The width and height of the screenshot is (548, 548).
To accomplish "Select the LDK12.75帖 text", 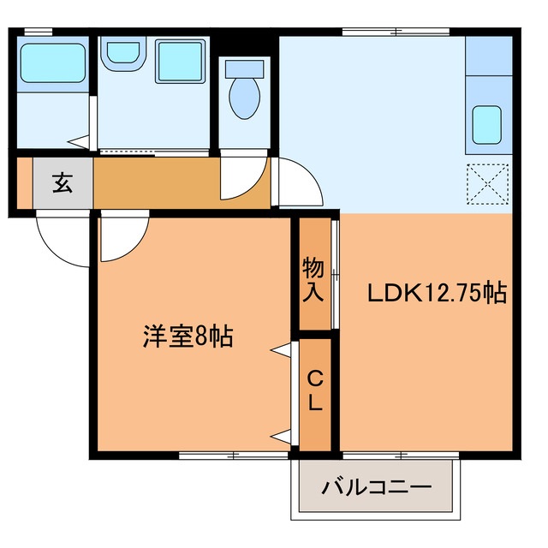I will point(438,295).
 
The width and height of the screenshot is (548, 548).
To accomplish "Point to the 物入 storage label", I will point(313,281).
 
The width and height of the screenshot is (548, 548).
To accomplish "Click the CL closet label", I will point(315,390).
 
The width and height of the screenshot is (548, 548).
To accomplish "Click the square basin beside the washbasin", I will point(177,59).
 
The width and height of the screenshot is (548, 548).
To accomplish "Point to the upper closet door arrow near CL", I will point(279,349).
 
